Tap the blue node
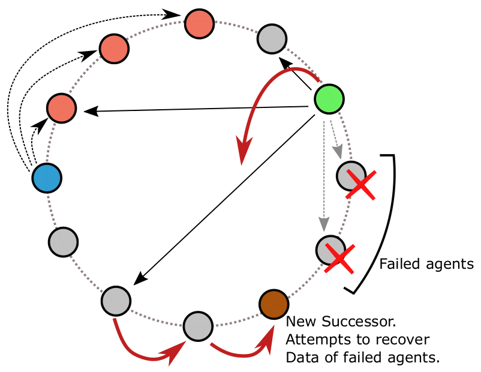[x=46, y=178]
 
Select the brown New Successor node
[x=273, y=304]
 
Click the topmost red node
[x=199, y=23]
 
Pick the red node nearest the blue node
[x=62, y=109]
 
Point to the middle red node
[x=113, y=49]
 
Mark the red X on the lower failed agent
[x=338, y=259]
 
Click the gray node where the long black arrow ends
[x=116, y=300]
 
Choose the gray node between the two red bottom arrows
[x=197, y=326]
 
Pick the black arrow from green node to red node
[x=198, y=109]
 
